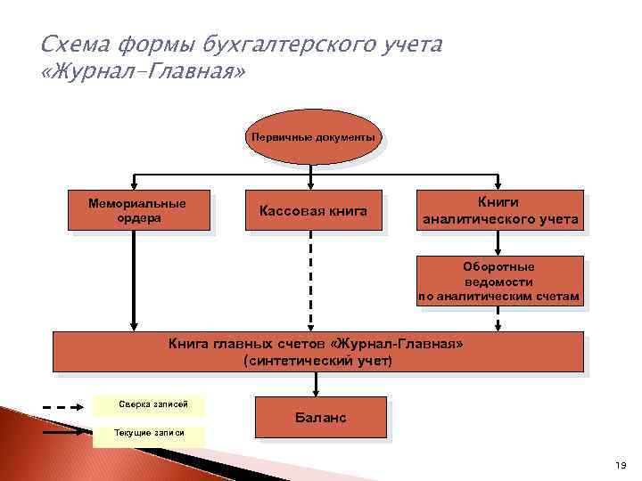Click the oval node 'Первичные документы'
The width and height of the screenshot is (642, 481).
coord(312,139)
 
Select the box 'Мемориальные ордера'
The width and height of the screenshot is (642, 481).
coord(138,210)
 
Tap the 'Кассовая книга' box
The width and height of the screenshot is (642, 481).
coord(312,210)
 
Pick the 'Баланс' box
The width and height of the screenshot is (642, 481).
coord(321,418)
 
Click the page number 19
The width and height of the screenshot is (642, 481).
coord(621,466)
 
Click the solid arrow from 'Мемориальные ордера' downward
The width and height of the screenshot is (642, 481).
coord(134,281)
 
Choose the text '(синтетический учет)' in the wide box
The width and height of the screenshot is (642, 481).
coord(317,361)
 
